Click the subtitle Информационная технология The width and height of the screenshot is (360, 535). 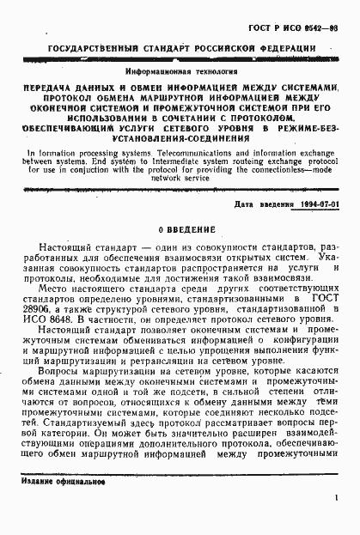pyautogui.click(x=176, y=74)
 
